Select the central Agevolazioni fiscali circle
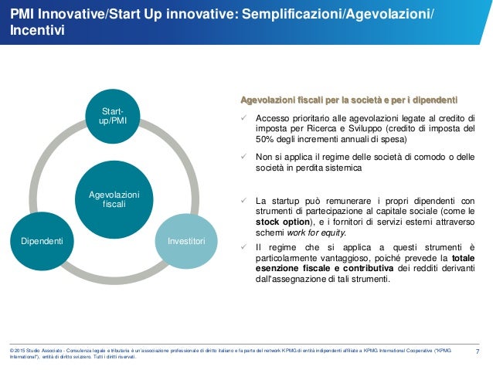(x=114, y=199)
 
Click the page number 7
(x=478, y=353)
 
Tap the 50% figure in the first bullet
(x=265, y=141)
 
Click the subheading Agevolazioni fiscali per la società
(x=348, y=100)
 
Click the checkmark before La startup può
(x=243, y=199)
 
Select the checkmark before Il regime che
(x=243, y=247)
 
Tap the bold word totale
(x=463, y=258)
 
